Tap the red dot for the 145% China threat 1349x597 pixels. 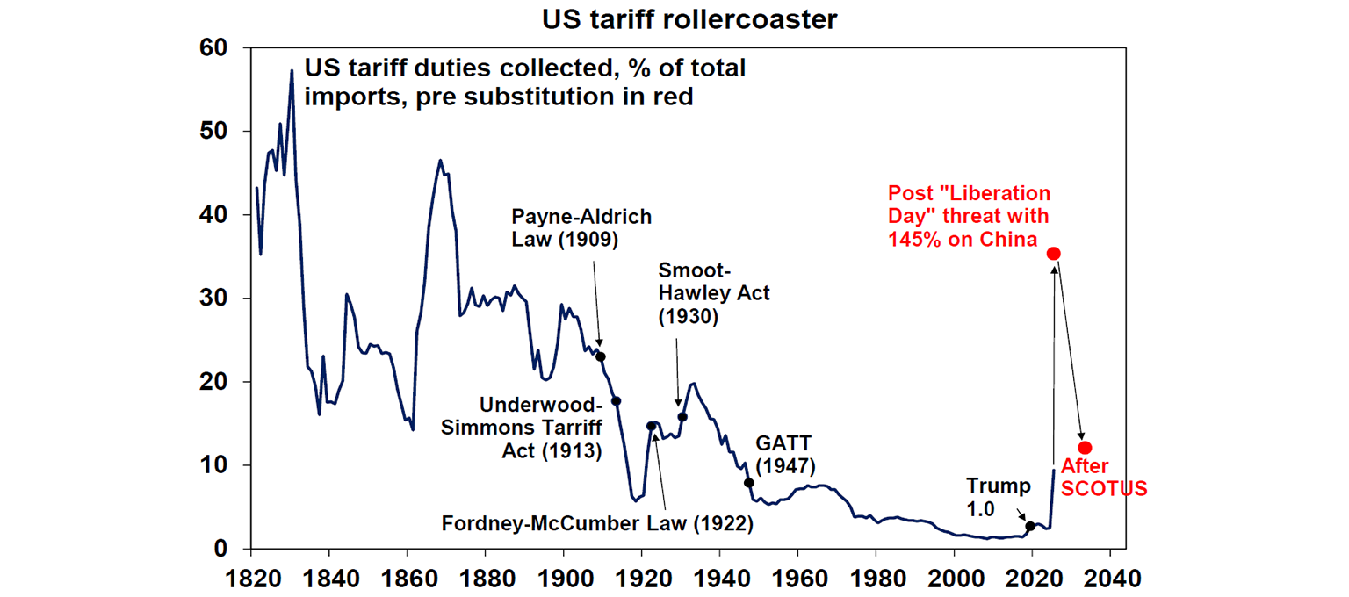tap(1054, 254)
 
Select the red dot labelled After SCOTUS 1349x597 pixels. tap(1085, 448)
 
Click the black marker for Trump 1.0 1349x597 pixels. tap(1030, 527)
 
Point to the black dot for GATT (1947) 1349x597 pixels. tap(748, 483)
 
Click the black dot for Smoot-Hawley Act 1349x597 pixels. tap(682, 417)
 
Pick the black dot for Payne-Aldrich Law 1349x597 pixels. tap(601, 356)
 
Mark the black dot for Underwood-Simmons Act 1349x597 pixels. tap(617, 401)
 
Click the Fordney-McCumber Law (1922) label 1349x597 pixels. tap(598, 525)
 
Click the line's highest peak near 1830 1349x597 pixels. tap(292, 70)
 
